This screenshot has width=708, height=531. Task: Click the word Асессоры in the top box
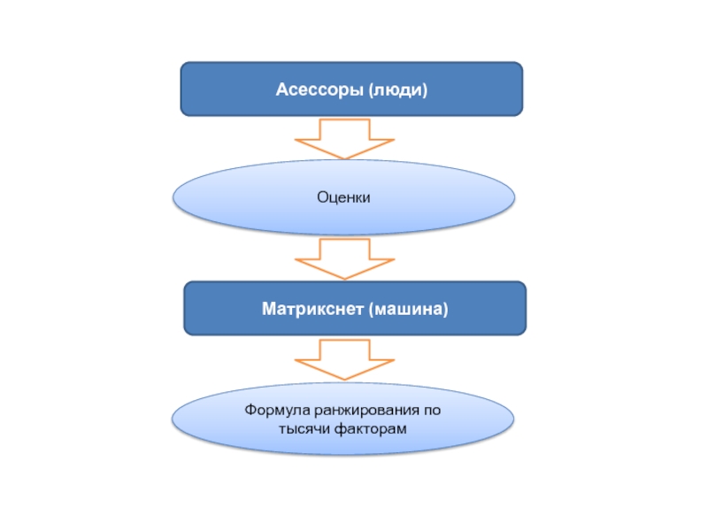(x=319, y=89)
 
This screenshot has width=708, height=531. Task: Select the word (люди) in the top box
(x=398, y=89)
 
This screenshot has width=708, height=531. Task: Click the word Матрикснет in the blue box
(x=313, y=309)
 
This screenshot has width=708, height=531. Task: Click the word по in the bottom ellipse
(x=432, y=412)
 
